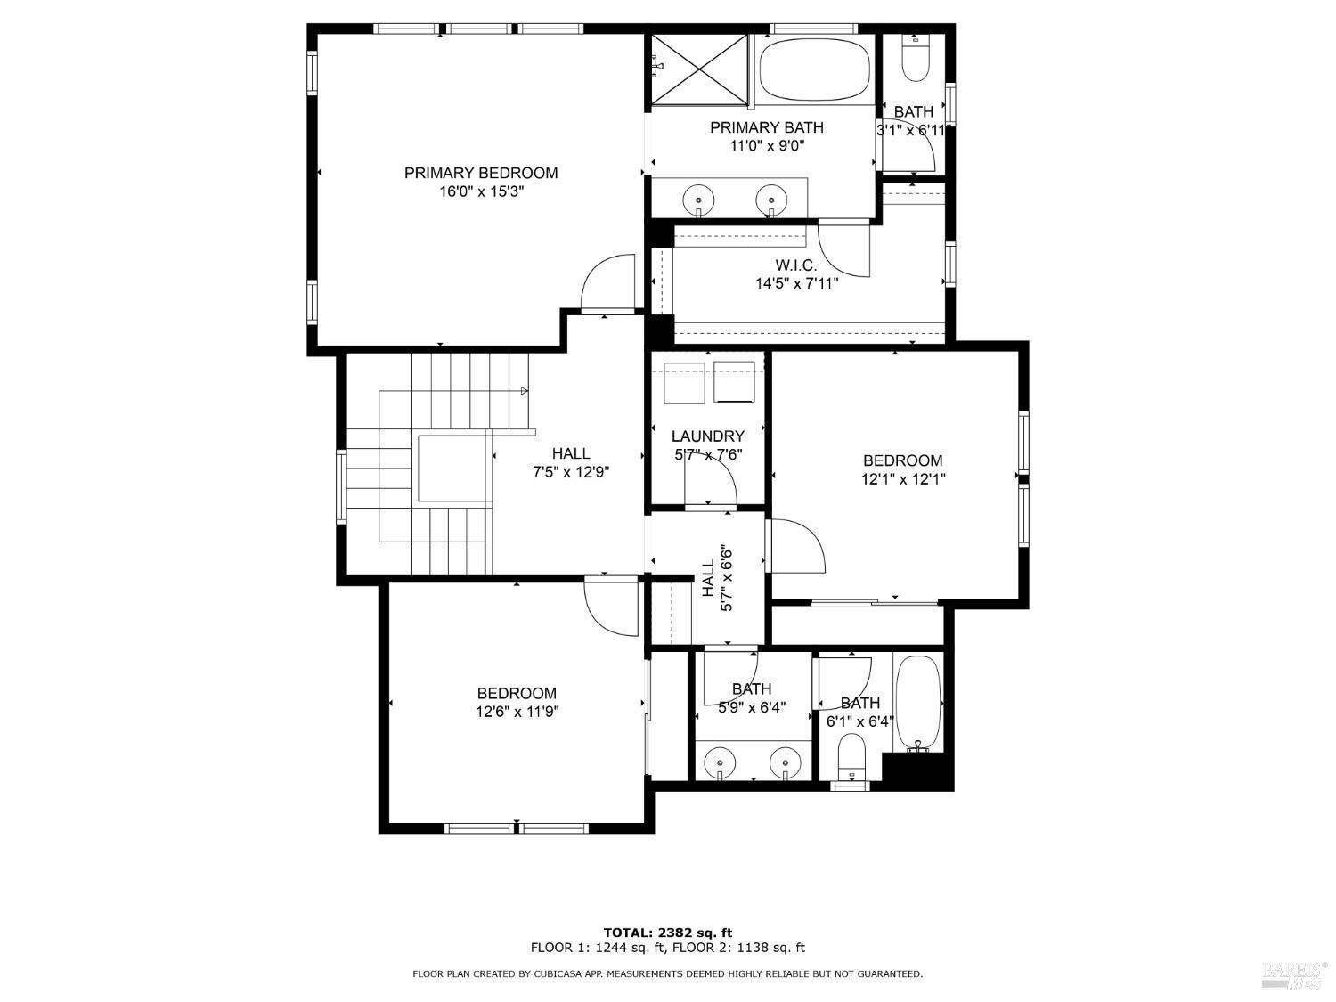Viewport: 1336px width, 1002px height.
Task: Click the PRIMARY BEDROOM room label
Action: (481, 173)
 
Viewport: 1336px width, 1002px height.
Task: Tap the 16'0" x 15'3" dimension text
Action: (481, 191)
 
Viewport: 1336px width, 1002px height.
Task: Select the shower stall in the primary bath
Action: (700, 69)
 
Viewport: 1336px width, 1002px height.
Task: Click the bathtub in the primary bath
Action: (814, 69)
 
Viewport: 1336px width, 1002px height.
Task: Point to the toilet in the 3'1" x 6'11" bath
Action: (915, 59)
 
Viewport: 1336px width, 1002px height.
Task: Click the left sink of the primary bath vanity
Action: (700, 200)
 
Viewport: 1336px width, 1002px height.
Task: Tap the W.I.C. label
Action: (795, 265)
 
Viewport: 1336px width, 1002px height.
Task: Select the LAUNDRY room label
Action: (707, 436)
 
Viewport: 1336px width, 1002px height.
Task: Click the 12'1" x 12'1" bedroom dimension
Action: (902, 479)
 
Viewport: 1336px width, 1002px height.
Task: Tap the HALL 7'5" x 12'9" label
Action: (571, 463)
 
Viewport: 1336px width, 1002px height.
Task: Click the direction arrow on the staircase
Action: (524, 390)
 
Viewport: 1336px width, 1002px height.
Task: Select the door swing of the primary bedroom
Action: (607, 283)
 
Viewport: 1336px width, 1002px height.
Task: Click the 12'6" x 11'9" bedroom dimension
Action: (517, 712)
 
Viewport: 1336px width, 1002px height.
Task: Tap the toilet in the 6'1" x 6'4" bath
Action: (852, 755)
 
